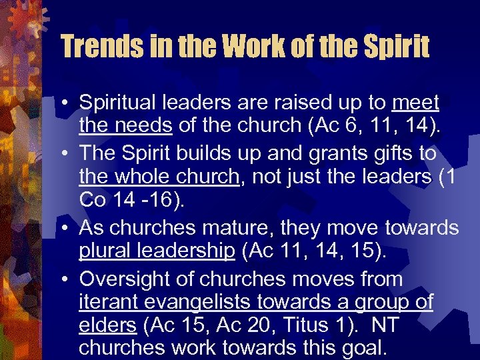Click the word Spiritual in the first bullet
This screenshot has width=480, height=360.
(120, 103)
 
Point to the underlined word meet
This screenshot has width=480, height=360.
(416, 103)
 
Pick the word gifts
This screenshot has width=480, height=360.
(389, 153)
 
